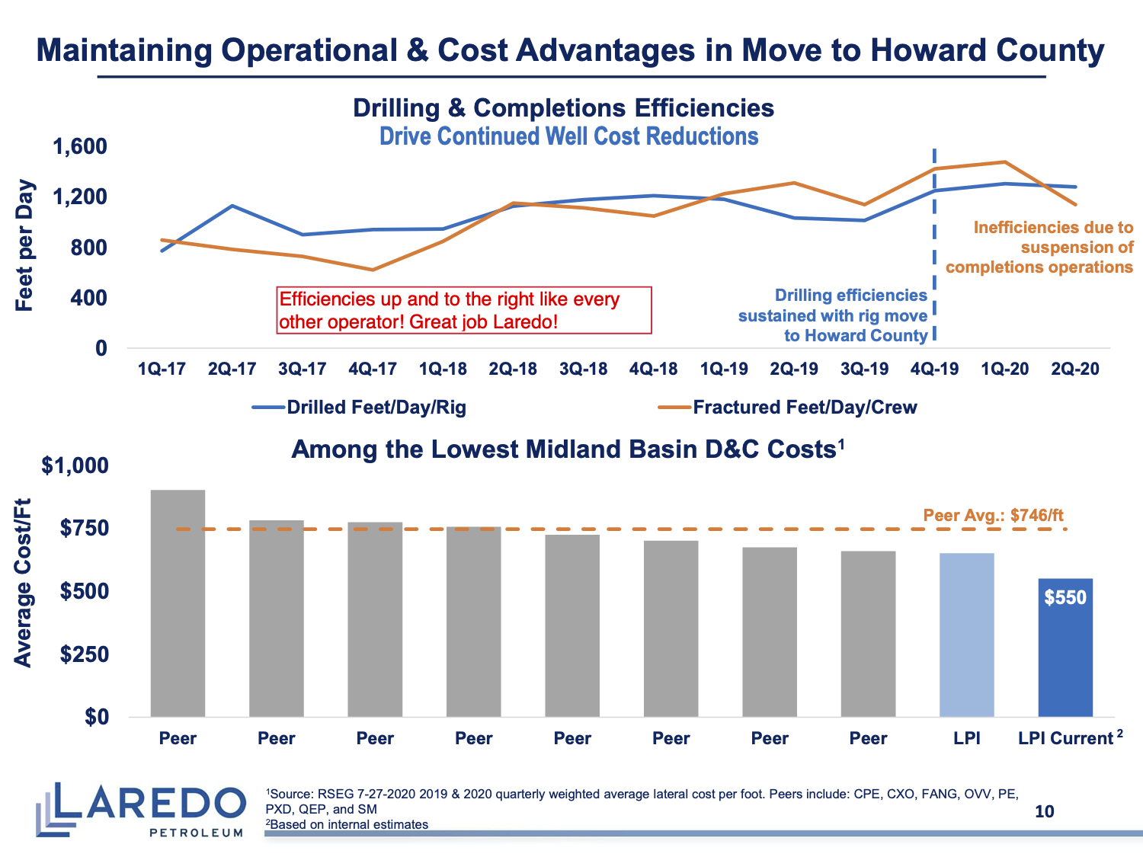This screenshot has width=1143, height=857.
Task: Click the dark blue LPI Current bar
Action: (x=1065, y=648)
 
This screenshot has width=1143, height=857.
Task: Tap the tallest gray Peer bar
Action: (x=178, y=603)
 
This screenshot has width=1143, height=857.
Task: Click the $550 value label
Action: (x=1065, y=597)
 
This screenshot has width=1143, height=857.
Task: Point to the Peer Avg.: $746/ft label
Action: (x=993, y=515)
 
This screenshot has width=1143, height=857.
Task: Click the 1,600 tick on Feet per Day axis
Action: (x=79, y=146)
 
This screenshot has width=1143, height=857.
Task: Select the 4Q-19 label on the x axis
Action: (x=934, y=369)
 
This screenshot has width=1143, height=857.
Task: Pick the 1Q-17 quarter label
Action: (x=162, y=369)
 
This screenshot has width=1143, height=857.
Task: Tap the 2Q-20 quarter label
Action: (x=1074, y=369)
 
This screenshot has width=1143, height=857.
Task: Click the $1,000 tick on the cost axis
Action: (x=75, y=465)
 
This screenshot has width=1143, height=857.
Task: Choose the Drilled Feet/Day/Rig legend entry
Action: (x=360, y=408)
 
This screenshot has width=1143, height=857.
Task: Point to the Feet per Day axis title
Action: (x=25, y=245)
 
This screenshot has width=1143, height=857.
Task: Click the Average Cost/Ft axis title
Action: (x=24, y=583)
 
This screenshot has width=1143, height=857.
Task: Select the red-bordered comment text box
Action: (x=464, y=310)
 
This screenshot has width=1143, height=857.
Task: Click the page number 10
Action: (x=1044, y=811)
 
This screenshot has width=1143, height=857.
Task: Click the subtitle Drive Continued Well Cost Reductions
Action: (x=568, y=136)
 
